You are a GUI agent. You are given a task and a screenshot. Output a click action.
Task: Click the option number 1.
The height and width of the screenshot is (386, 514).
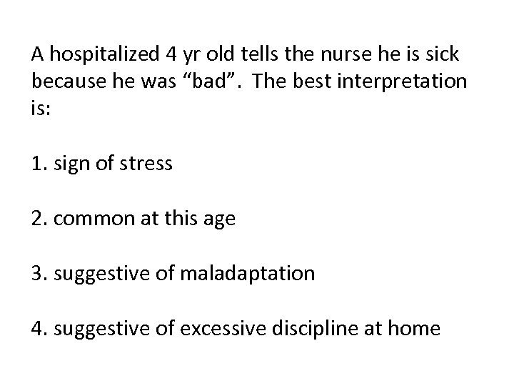(x=37, y=164)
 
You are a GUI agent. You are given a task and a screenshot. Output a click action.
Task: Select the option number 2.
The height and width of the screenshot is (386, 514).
(x=37, y=219)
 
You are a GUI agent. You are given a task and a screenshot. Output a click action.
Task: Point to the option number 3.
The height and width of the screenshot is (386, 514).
(x=37, y=274)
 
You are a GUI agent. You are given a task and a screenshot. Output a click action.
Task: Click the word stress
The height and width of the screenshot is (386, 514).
(x=147, y=164)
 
